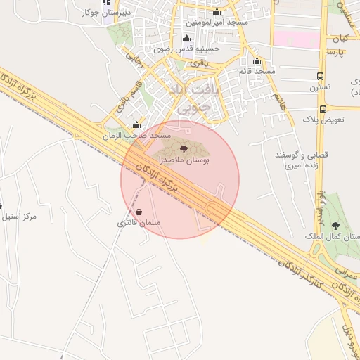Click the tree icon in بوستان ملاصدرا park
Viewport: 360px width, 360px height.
pyautogui.click(x=184, y=149)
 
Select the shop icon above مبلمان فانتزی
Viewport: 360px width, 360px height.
pyautogui.click(x=139, y=212)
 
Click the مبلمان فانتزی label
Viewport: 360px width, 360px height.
pyautogui.click(x=139, y=223)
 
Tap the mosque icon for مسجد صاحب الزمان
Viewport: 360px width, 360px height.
pyautogui.click(x=136, y=124)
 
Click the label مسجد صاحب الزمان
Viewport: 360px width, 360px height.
pyautogui.click(x=136, y=134)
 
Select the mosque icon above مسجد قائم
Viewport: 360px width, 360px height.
pyautogui.click(x=257, y=60)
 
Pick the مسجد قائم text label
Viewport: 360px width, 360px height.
pyautogui.click(x=255, y=71)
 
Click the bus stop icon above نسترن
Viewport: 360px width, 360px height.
pyautogui.click(x=320, y=76)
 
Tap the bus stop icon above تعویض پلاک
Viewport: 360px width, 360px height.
pyautogui.click(x=323, y=109)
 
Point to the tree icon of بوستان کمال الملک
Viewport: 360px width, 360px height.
pyautogui.click(x=335, y=226)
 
